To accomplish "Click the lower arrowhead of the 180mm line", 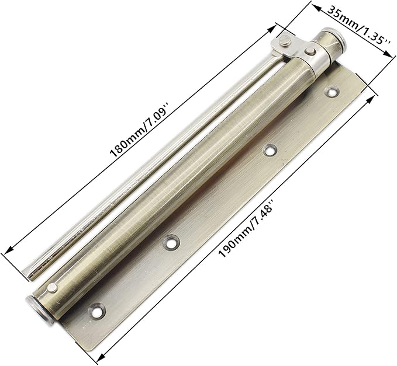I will point(8,251).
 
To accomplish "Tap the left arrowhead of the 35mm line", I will point(315,6).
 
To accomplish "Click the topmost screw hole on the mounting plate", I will point(334,92).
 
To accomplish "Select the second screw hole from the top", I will point(270,150).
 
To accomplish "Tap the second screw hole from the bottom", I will point(171,240).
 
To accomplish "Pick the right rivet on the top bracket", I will point(308,53).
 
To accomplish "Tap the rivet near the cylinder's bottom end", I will point(53,288).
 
